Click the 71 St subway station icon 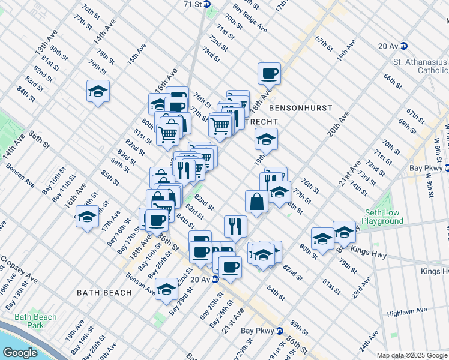207,4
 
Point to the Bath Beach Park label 36,321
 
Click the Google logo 20,353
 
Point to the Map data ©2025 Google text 412,355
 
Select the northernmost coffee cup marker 269,73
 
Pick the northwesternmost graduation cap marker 98,91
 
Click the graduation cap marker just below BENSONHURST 265,139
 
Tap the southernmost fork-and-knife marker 235,226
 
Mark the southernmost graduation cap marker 166,289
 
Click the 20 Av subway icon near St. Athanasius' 404,46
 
